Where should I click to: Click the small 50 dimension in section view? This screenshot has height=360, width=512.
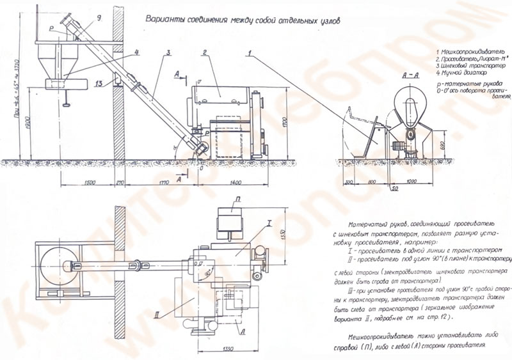[x=396, y=190]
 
